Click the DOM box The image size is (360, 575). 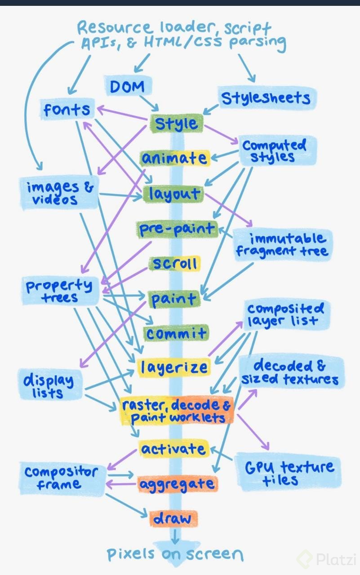127,86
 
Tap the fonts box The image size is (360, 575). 67,110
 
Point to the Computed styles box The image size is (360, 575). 274,151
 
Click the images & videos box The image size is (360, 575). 59,193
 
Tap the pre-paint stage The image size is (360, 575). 177,229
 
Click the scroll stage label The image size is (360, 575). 175,264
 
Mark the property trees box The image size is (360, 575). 59,291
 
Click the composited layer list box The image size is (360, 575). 286,315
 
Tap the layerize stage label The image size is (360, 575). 173,367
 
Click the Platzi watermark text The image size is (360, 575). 335,560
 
